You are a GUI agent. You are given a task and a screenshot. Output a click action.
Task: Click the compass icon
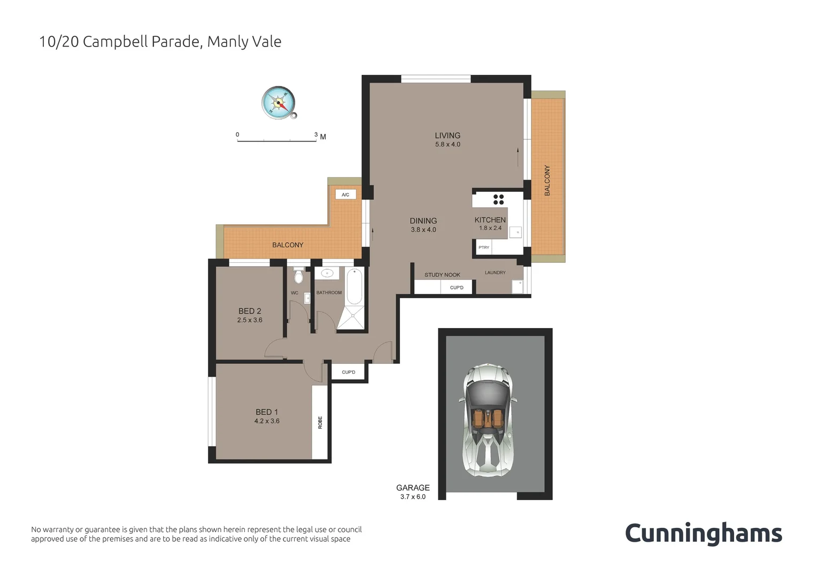[x=279, y=102]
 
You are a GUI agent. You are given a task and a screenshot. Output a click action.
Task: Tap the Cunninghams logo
[x=703, y=534]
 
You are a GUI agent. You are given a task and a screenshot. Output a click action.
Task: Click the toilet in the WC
[x=299, y=277]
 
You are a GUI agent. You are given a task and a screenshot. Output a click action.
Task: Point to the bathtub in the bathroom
[x=354, y=286]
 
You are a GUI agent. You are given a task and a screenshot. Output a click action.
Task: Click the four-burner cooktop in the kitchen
[x=498, y=199]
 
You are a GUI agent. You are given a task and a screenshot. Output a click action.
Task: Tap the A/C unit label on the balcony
[x=345, y=194]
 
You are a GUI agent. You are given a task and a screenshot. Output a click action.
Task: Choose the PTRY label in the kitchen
[x=484, y=247]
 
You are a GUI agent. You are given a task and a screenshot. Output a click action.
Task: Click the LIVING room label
[x=448, y=136]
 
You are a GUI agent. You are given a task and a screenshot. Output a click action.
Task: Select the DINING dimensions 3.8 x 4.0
[x=423, y=230]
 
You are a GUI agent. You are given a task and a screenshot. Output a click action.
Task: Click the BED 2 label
[x=250, y=311]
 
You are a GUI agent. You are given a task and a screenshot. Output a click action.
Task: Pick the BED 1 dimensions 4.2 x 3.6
[x=267, y=421]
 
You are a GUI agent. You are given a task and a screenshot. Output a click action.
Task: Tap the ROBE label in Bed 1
[x=320, y=423]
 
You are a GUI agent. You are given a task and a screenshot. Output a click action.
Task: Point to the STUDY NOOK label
[x=442, y=275]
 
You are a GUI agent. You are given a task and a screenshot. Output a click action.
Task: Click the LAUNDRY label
[x=495, y=272]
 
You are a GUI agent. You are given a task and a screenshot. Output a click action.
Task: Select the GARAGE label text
[x=413, y=488]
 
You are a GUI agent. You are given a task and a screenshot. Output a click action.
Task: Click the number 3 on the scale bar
[x=316, y=135]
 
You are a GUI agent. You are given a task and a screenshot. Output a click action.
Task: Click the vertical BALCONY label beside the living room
[x=547, y=181]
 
